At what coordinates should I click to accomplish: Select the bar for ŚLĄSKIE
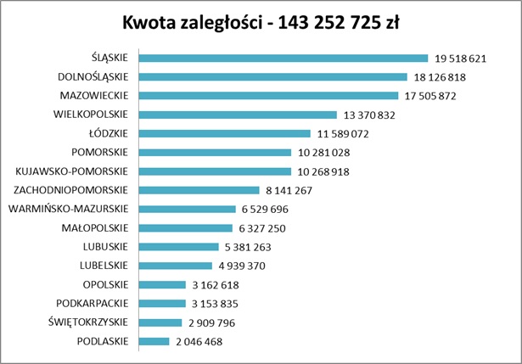pyautogui.click(x=283, y=59)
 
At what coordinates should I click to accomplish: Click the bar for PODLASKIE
pyautogui.click(x=154, y=342)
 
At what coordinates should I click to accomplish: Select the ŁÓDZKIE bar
pyautogui.click(x=224, y=134)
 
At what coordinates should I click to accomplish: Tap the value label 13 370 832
pyautogui.click(x=368, y=115)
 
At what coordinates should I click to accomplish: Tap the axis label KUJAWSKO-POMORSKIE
pyautogui.click(x=72, y=171)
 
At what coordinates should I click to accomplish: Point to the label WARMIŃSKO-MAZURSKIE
pyautogui.click(x=68, y=210)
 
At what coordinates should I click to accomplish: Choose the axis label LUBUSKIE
pyautogui.click(x=104, y=247)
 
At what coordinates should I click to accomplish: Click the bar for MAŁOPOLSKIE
pyautogui.click(x=185, y=228)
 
